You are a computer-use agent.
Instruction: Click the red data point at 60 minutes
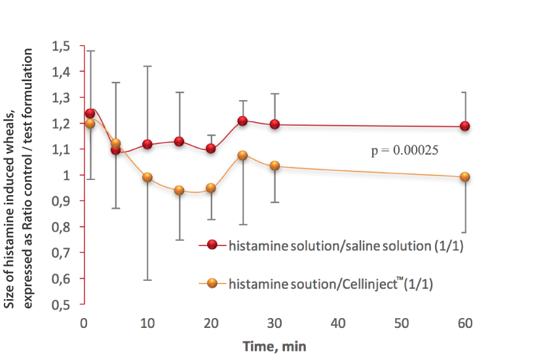(x=464, y=126)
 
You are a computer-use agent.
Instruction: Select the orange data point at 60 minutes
(x=464, y=177)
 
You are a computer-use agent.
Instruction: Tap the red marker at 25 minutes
(x=242, y=121)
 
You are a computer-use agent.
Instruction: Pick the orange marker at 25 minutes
(x=242, y=155)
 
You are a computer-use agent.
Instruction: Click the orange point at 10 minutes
(x=147, y=177)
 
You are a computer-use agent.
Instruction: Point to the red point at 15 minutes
(x=180, y=141)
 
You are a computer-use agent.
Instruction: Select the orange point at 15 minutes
(x=180, y=190)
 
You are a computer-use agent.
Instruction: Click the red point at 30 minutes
(x=275, y=124)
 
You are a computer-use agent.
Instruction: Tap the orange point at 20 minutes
(x=211, y=189)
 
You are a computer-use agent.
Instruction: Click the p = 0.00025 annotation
(x=405, y=151)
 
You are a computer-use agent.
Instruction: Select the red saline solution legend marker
(x=212, y=245)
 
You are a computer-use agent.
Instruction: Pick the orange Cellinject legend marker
(x=212, y=283)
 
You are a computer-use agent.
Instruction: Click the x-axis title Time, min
(x=275, y=346)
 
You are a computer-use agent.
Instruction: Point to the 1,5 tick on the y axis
(x=61, y=46)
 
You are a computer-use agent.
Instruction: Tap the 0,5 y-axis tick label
(x=61, y=305)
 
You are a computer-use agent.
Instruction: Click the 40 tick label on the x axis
(x=338, y=323)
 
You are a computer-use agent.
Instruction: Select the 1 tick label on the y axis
(x=67, y=175)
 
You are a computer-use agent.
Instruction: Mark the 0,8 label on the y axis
(x=61, y=227)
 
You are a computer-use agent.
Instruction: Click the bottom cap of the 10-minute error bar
(x=147, y=280)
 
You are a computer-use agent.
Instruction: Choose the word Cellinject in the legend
(x=369, y=283)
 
